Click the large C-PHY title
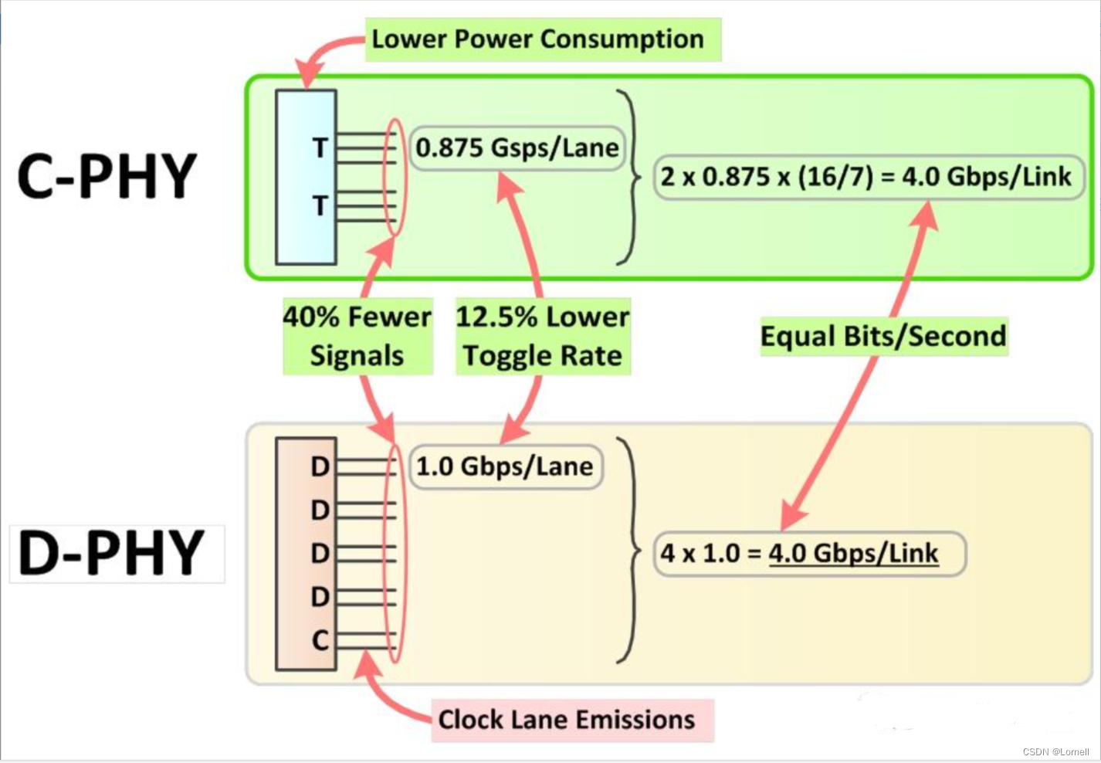click(x=107, y=176)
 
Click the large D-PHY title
click(x=112, y=553)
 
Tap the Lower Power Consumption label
click(x=538, y=39)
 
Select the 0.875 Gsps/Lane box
click(x=517, y=148)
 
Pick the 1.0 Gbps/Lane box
click(x=505, y=466)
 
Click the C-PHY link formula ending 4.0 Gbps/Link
click(x=866, y=177)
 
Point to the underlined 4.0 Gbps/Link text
click(x=853, y=553)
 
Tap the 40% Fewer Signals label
click(x=357, y=337)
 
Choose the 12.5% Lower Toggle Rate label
click(x=543, y=337)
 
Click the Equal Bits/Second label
click(x=883, y=337)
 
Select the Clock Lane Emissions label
click(x=567, y=720)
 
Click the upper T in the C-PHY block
click(x=320, y=148)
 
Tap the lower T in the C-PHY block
click(x=320, y=205)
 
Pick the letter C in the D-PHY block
click(x=320, y=640)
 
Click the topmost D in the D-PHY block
click(x=320, y=466)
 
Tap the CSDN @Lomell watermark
click(x=1055, y=751)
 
